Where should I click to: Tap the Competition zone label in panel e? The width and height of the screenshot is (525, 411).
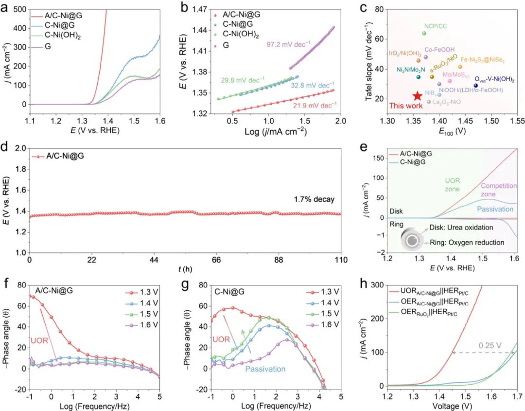coord(498,190)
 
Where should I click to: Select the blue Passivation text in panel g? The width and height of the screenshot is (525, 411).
coord(265,369)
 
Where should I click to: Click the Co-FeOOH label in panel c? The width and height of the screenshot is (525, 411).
coord(439,50)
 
